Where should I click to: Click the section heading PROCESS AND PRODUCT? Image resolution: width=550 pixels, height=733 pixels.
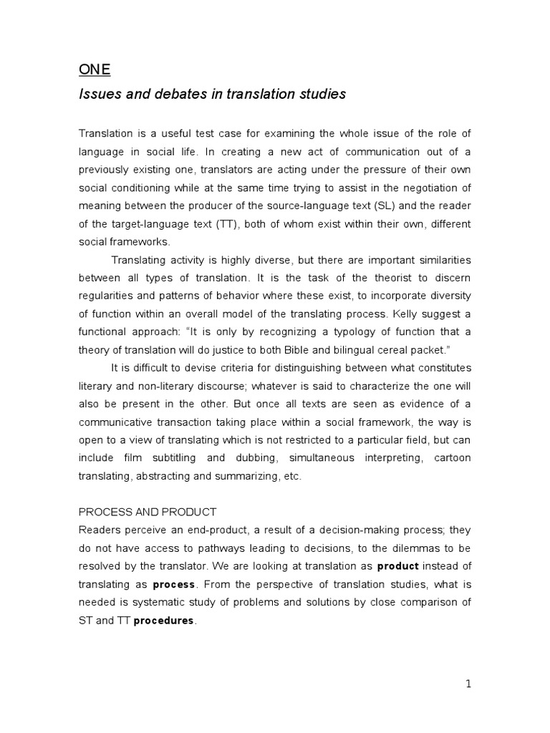tap(148, 512)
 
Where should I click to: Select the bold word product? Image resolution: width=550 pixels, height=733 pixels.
tap(397, 565)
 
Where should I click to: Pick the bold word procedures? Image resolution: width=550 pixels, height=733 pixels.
tap(164, 621)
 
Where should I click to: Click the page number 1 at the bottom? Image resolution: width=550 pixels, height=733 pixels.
tap(468, 684)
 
